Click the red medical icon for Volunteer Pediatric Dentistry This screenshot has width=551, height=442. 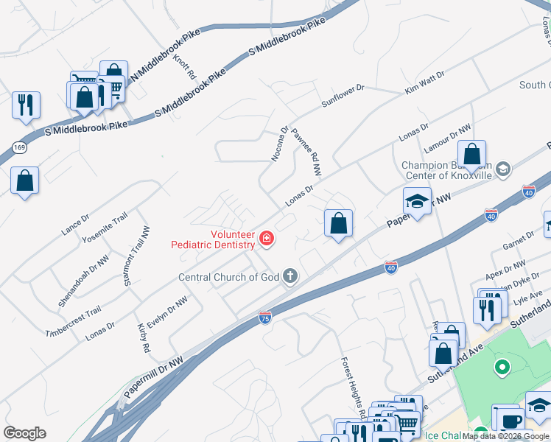pyautogui.click(x=266, y=239)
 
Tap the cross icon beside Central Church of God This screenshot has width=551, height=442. pyautogui.click(x=290, y=277)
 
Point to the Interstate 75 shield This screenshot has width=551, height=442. pyautogui.click(x=264, y=318)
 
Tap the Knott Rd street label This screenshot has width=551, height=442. pyautogui.click(x=184, y=66)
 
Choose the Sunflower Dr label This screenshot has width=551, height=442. pyautogui.click(x=343, y=97)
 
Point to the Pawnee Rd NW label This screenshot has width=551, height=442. pyautogui.click(x=306, y=151)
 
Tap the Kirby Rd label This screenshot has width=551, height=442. pyautogui.click(x=143, y=337)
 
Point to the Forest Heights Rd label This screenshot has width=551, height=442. pyautogui.click(x=353, y=384)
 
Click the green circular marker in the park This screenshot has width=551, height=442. pyautogui.click(x=503, y=366)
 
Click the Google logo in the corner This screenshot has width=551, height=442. pyautogui.click(x=25, y=433)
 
